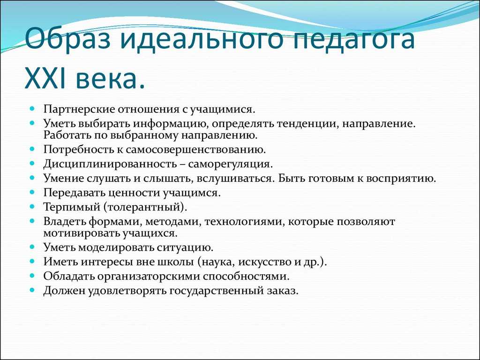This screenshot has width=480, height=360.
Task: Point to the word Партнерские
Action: tap(77, 109)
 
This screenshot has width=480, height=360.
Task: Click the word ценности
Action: tap(135, 192)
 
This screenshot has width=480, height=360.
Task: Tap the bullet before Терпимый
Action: tap(32, 206)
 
